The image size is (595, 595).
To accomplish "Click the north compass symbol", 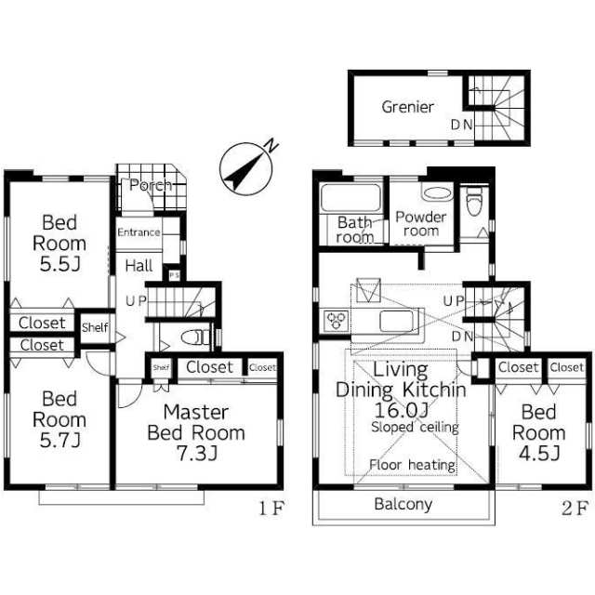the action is coord(246,168).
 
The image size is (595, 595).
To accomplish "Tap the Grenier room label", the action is coord(407,107).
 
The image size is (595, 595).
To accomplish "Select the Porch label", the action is coord(151,185).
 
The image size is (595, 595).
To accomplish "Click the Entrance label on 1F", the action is coord(139,232).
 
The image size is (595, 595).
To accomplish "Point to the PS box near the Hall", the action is coord(174,275).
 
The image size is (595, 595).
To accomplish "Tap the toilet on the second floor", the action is coord(474,202).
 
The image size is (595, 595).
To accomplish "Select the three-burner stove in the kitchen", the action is coord(337,321).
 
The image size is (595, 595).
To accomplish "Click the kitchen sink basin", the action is coord(397,321).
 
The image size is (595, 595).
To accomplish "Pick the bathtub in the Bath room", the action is coord(350,197).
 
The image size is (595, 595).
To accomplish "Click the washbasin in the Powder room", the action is coord(437,193).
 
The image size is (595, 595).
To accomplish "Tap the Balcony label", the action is coord(403,504).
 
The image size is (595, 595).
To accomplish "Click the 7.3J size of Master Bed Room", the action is coord(197,454).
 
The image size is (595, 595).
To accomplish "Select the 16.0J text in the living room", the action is coord(402,409).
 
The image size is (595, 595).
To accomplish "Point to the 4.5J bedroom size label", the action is coord(539,453).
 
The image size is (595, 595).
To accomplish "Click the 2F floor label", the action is coord(575,509).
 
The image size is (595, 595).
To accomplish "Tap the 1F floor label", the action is coord(271,509).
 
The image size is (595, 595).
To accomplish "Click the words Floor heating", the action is coord(413,465).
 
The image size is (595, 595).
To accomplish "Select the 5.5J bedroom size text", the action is coord(59,264).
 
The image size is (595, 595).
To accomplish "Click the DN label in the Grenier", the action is coord(461,125).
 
